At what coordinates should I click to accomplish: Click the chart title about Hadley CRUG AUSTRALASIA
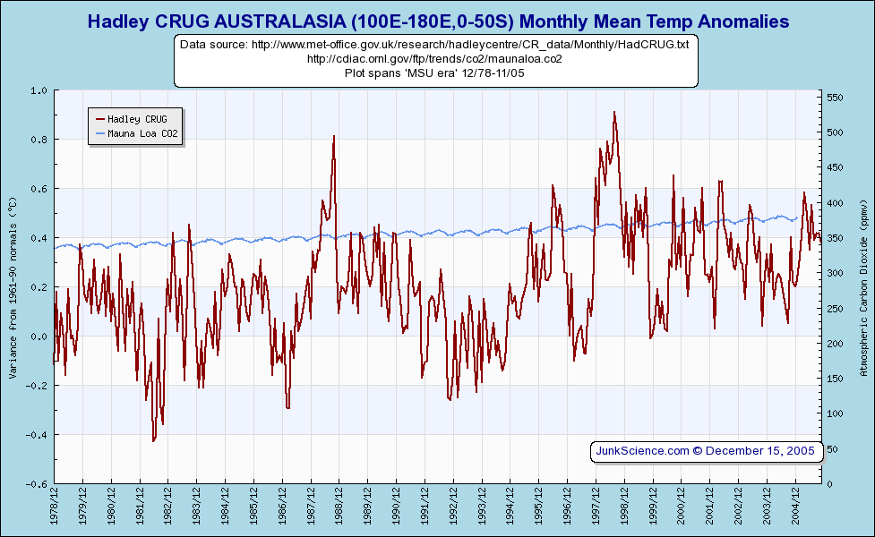[x=437, y=21]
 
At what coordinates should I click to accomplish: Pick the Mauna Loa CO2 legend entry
[x=142, y=134]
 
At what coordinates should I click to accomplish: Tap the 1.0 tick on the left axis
[x=39, y=90]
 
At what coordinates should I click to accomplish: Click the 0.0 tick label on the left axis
[x=39, y=337]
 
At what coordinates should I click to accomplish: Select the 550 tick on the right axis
[x=836, y=98]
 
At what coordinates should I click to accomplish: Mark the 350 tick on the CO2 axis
[x=836, y=238]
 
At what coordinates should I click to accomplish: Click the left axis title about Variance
[x=13, y=286]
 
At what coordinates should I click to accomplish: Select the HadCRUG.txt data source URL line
[x=434, y=44]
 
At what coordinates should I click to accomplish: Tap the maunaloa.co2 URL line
[x=434, y=59]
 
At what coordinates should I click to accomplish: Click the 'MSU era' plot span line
[x=434, y=73]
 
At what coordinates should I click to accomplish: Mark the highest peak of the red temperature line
[x=614, y=112]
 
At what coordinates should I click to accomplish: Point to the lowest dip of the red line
[x=153, y=441]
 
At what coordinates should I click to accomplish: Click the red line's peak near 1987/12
[x=333, y=136]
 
